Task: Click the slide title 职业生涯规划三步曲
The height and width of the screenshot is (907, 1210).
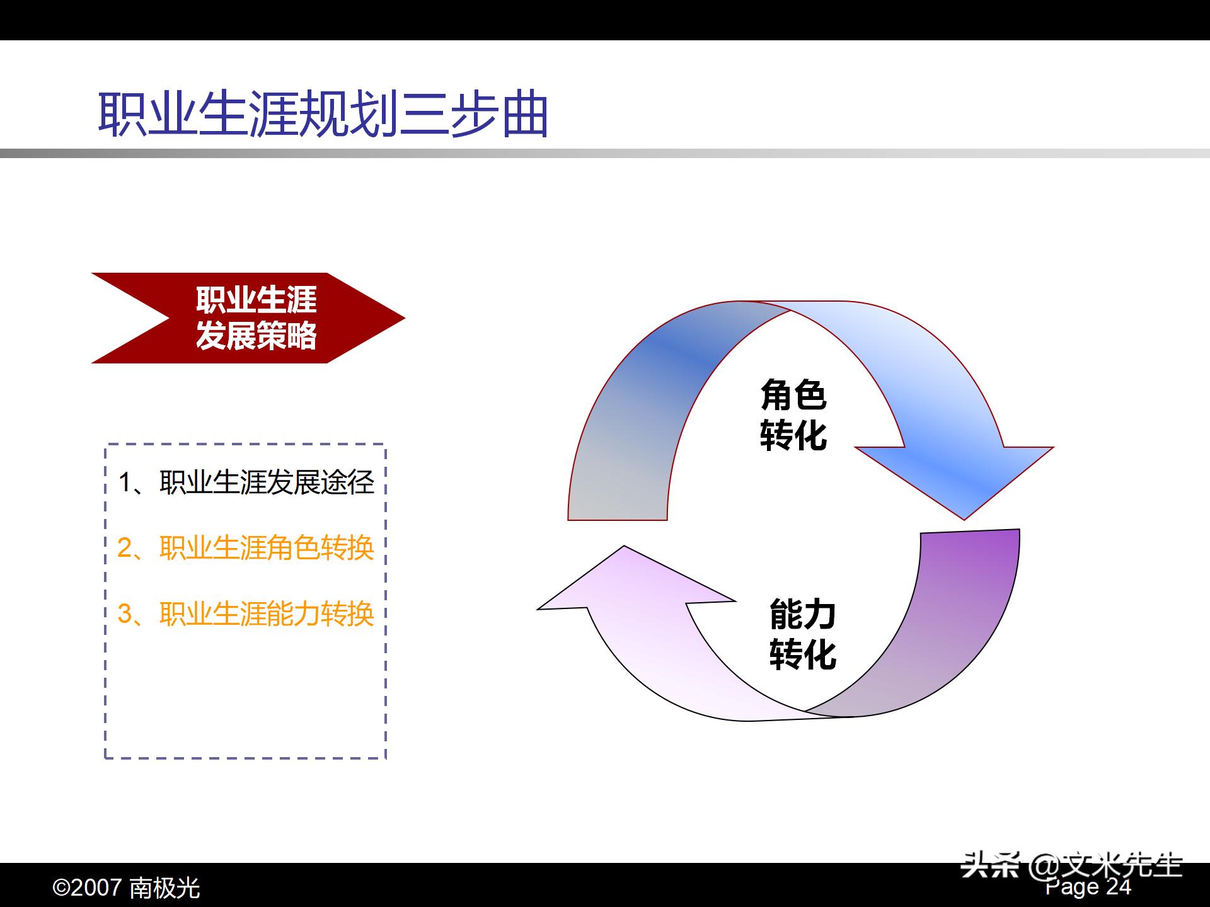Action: tap(323, 115)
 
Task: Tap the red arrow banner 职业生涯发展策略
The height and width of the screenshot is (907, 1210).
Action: tap(255, 318)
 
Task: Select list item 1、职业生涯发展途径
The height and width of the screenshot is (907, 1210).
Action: tap(246, 483)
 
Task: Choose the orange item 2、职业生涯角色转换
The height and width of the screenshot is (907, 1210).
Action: tap(246, 548)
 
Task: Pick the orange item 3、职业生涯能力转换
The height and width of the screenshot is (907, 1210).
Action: tap(246, 614)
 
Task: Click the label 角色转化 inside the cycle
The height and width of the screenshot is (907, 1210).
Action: tap(793, 416)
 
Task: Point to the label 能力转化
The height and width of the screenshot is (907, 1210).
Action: tap(802, 635)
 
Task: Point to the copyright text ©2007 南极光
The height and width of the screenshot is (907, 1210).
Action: tap(126, 888)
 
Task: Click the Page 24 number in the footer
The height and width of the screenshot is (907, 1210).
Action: tap(1088, 887)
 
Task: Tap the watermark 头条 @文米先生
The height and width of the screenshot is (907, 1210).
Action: tap(1071, 865)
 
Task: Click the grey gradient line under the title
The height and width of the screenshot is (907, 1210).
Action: tap(605, 154)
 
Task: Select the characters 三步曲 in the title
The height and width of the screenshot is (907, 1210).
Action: tap(473, 115)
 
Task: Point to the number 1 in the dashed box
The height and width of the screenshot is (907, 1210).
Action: tap(125, 483)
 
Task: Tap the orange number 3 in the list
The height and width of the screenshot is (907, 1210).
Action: tap(124, 614)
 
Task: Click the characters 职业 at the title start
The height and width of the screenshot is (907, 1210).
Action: tap(148, 115)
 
